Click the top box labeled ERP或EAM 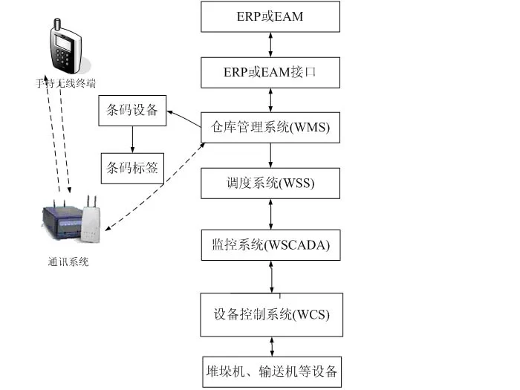tap(270, 16)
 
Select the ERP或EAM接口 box tap(270, 73)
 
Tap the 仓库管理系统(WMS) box tap(270, 129)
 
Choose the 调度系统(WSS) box tap(270, 183)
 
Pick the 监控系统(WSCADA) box tap(270, 244)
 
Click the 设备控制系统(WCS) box tap(270, 314)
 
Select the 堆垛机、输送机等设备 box tap(270, 370)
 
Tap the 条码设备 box tap(132, 111)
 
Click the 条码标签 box tap(132, 168)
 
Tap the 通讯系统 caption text tap(66, 261)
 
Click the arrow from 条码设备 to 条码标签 tap(132, 140)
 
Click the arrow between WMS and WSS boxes tap(270, 155)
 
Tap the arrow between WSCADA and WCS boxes tap(270, 276)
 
